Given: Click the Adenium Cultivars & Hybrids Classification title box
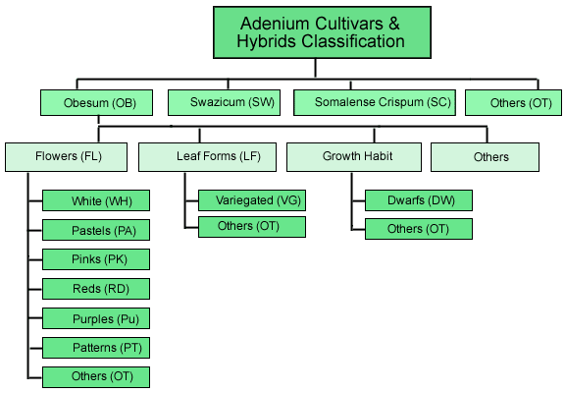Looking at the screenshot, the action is [x=322, y=32].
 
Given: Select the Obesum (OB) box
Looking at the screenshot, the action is [x=96, y=103].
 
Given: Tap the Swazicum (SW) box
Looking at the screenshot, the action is [x=224, y=103].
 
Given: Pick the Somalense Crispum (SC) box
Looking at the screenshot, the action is [x=375, y=103].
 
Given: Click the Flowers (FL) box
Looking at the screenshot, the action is [x=67, y=157].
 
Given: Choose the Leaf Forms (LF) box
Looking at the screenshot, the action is [x=208, y=157].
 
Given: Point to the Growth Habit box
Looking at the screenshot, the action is [x=354, y=157].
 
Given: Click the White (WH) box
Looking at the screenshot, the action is [x=96, y=200].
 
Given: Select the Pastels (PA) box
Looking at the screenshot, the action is [x=96, y=230].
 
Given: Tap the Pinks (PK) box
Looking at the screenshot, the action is [x=96, y=259].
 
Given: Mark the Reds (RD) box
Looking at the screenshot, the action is [x=96, y=289].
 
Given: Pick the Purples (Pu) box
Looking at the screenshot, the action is [x=96, y=318].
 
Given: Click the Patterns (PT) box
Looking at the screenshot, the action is [x=96, y=348].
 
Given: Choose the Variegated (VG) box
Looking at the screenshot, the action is [x=252, y=200].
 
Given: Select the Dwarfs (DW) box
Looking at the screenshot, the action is [x=419, y=200].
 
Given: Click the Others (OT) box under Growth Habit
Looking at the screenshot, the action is [x=419, y=229].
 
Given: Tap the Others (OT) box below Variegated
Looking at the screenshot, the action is [x=252, y=227].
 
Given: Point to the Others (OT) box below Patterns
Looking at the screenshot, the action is [x=96, y=377].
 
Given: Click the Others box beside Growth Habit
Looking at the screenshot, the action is [x=485, y=157].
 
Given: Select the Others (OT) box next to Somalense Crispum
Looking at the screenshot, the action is [x=513, y=103].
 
